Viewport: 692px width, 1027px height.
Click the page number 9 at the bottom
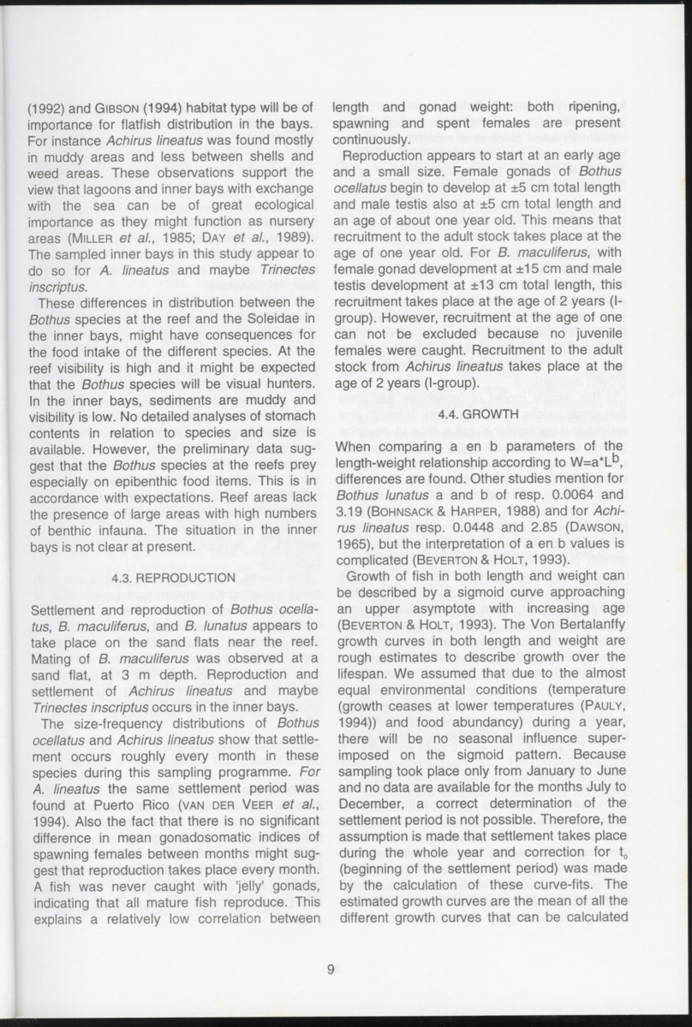tap(330, 969)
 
